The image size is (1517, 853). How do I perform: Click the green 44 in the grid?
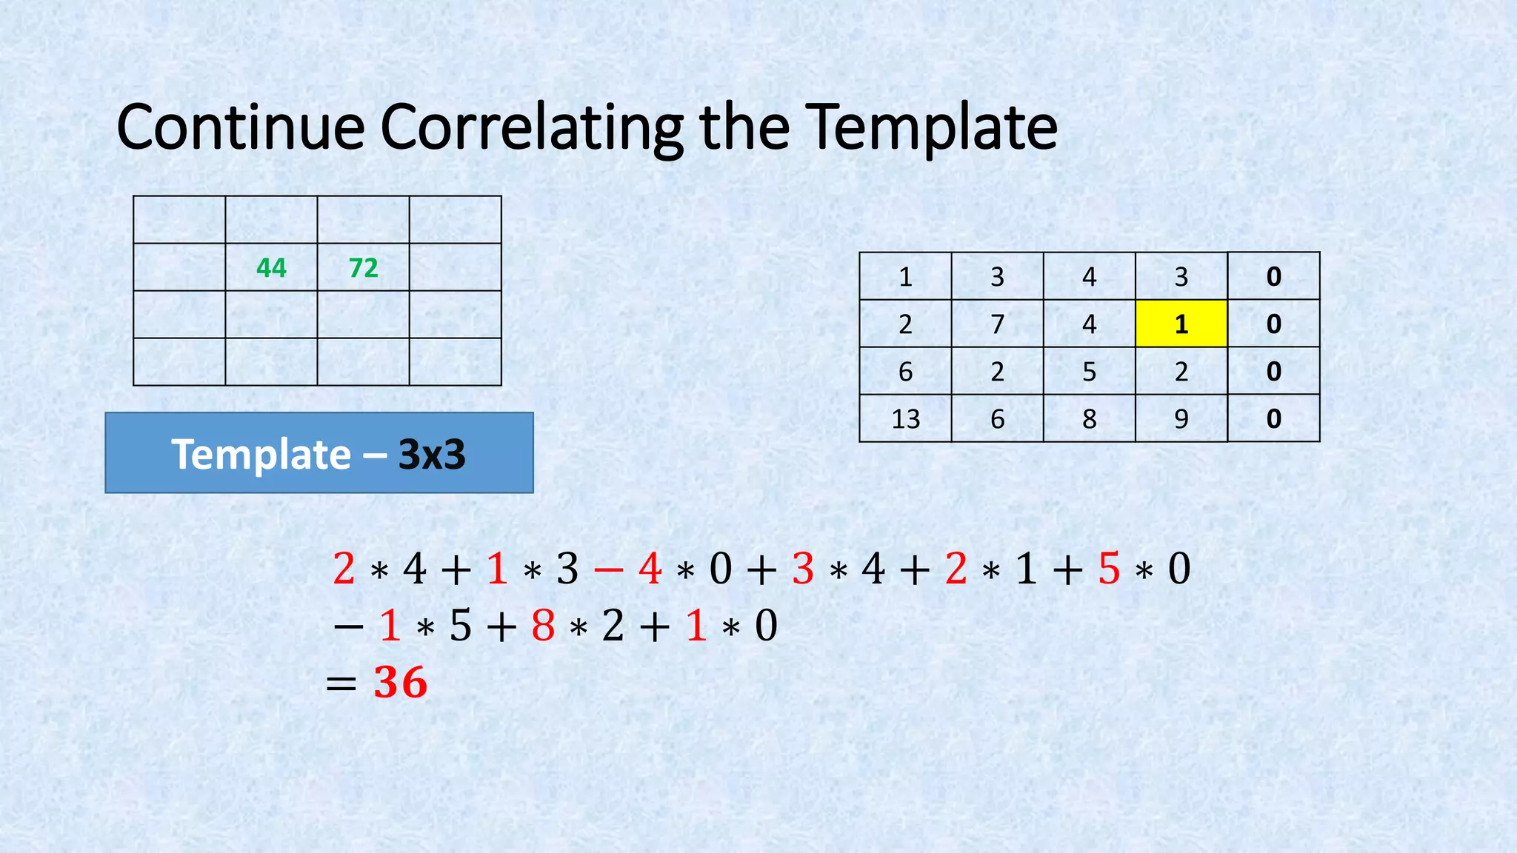tap(271, 267)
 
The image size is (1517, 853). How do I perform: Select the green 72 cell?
tap(363, 267)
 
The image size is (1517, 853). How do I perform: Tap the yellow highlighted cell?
tap(1181, 324)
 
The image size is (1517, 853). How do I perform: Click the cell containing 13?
tap(905, 418)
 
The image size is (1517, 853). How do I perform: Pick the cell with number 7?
tap(997, 324)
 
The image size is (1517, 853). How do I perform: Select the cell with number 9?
tap(1181, 418)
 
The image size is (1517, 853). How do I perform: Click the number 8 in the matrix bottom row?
tap(1089, 418)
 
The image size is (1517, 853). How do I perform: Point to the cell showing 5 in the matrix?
tap(1089, 371)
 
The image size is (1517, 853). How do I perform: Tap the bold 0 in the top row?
tap(1273, 276)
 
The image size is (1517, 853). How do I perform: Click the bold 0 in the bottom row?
tap(1273, 418)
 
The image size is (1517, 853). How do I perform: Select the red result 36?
tap(401, 682)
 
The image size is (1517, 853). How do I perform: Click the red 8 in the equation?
tap(543, 626)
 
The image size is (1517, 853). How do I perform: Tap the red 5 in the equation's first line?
tap(1109, 569)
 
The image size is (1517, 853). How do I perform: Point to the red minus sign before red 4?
tap(608, 569)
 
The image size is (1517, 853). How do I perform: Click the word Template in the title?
tap(930, 127)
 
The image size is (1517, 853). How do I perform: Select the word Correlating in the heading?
tap(532, 127)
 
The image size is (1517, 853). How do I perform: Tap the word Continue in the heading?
tap(241, 127)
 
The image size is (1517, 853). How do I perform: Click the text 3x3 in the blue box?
tap(432, 454)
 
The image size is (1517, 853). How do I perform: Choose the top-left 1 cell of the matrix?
tap(905, 276)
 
